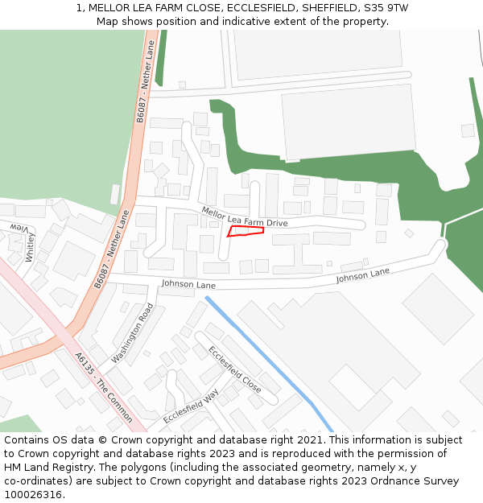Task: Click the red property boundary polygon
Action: coord(246,232)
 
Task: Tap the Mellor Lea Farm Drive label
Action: coord(244,216)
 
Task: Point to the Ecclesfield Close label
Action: coord(234,369)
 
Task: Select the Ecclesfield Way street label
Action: coord(191,406)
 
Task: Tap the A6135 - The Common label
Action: coord(103,388)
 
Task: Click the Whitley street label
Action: coord(30,248)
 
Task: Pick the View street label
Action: coord(19,229)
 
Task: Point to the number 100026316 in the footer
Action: coord(35,495)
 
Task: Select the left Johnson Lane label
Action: coord(188,284)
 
